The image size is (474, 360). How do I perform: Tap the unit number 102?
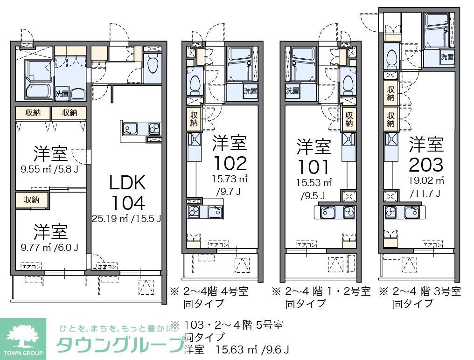tap(230, 163)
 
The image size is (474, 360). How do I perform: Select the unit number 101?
tap(314, 166)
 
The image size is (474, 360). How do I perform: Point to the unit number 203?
tap(426, 164)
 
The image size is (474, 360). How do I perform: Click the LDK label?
tap(127, 182)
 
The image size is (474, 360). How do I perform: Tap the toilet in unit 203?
tap(392, 56)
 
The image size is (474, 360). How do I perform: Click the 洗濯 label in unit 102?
tap(250, 91)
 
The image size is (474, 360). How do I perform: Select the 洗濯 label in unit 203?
tap(447, 57)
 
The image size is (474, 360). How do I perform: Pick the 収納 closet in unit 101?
tap(348, 119)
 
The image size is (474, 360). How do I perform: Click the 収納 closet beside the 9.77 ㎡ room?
tap(32, 200)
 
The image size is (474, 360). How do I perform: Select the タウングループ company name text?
tap(120, 346)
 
